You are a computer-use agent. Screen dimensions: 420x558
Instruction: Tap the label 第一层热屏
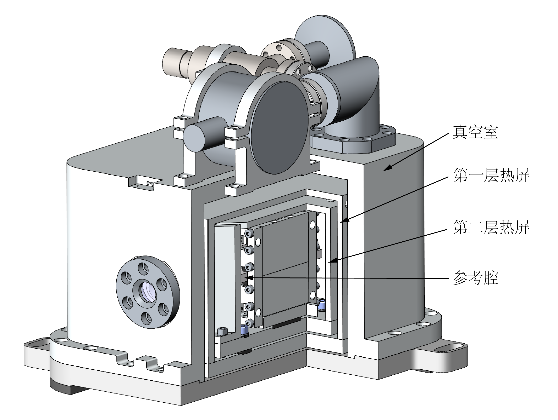tap(491, 176)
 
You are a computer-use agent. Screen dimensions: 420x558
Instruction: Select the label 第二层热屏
tap(491, 227)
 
